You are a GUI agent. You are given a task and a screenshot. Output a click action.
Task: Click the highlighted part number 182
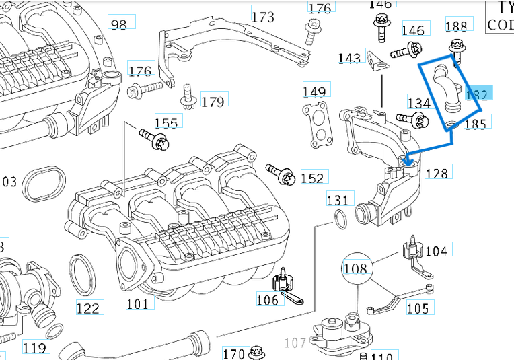pos(477,94)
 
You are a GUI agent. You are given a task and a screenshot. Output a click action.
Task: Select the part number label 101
pos(137,303)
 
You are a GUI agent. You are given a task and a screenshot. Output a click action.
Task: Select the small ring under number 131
pos(340,218)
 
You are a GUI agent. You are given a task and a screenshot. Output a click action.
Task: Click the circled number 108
pos(356,268)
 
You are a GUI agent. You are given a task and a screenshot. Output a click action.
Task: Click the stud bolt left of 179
pos(188,98)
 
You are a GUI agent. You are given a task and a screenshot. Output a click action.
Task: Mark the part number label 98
pos(118,24)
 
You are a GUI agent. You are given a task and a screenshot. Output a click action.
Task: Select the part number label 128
pos(436,174)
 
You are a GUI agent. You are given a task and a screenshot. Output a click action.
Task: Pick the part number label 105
pos(417,308)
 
